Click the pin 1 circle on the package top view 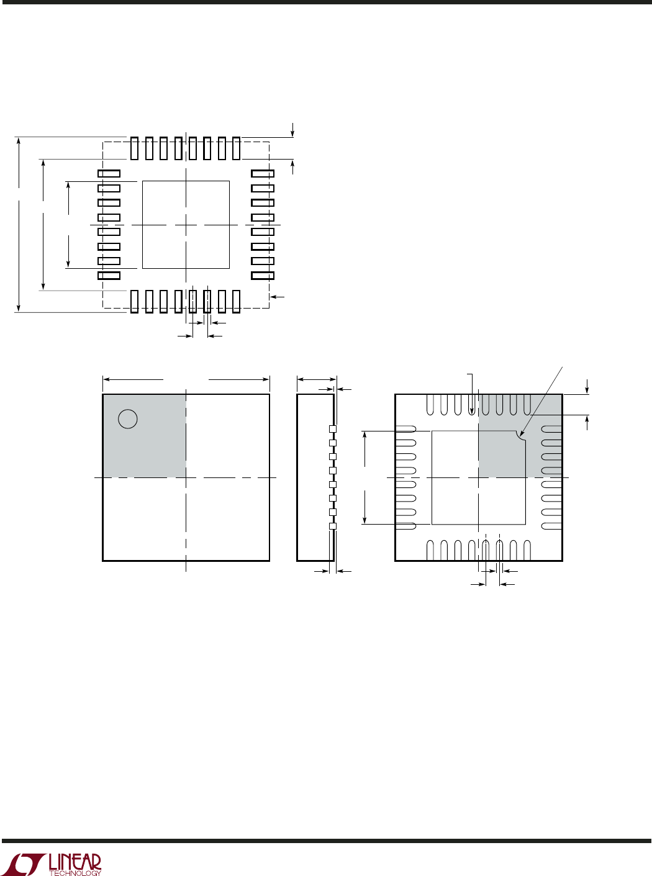[x=128, y=419]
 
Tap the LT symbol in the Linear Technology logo [x=25, y=864]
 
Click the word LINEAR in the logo [x=75, y=861]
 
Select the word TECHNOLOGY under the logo [x=75, y=873]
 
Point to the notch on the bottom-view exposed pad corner [x=521, y=435]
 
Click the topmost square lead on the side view [x=333, y=429]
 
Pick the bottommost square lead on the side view [x=333, y=526]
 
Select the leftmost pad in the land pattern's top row [x=134, y=148]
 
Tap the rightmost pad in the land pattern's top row [x=237, y=148]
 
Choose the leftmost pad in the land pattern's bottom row [x=134, y=302]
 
